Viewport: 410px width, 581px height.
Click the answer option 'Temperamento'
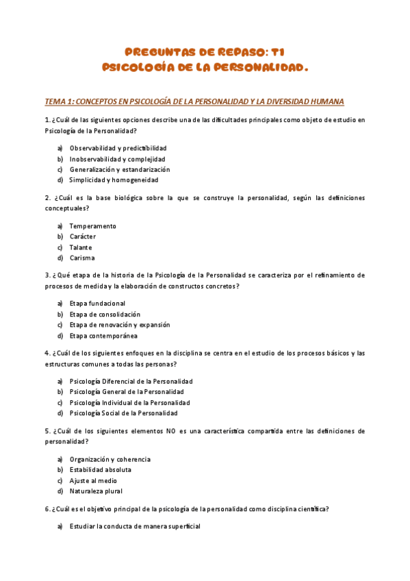click(92, 226)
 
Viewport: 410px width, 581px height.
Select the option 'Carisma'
click(82, 258)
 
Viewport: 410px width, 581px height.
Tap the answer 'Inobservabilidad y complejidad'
click(112, 159)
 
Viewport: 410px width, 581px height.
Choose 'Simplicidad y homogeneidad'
click(113, 180)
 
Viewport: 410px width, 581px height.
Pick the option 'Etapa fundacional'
click(97, 304)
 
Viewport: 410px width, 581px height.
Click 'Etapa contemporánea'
click(103, 336)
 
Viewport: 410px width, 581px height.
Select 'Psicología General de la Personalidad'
click(126, 392)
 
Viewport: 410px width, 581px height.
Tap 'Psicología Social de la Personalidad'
click(123, 413)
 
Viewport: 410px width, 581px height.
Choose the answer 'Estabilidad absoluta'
click(100, 470)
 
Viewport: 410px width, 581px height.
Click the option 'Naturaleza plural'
click(96, 491)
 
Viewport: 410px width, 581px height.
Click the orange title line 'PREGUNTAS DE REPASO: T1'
click(205, 52)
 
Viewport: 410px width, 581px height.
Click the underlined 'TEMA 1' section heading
click(194, 101)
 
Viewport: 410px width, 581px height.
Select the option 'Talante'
click(80, 247)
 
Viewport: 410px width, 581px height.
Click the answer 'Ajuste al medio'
click(94, 480)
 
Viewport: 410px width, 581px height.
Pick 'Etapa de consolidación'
click(105, 314)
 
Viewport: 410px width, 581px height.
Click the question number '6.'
click(47, 509)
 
